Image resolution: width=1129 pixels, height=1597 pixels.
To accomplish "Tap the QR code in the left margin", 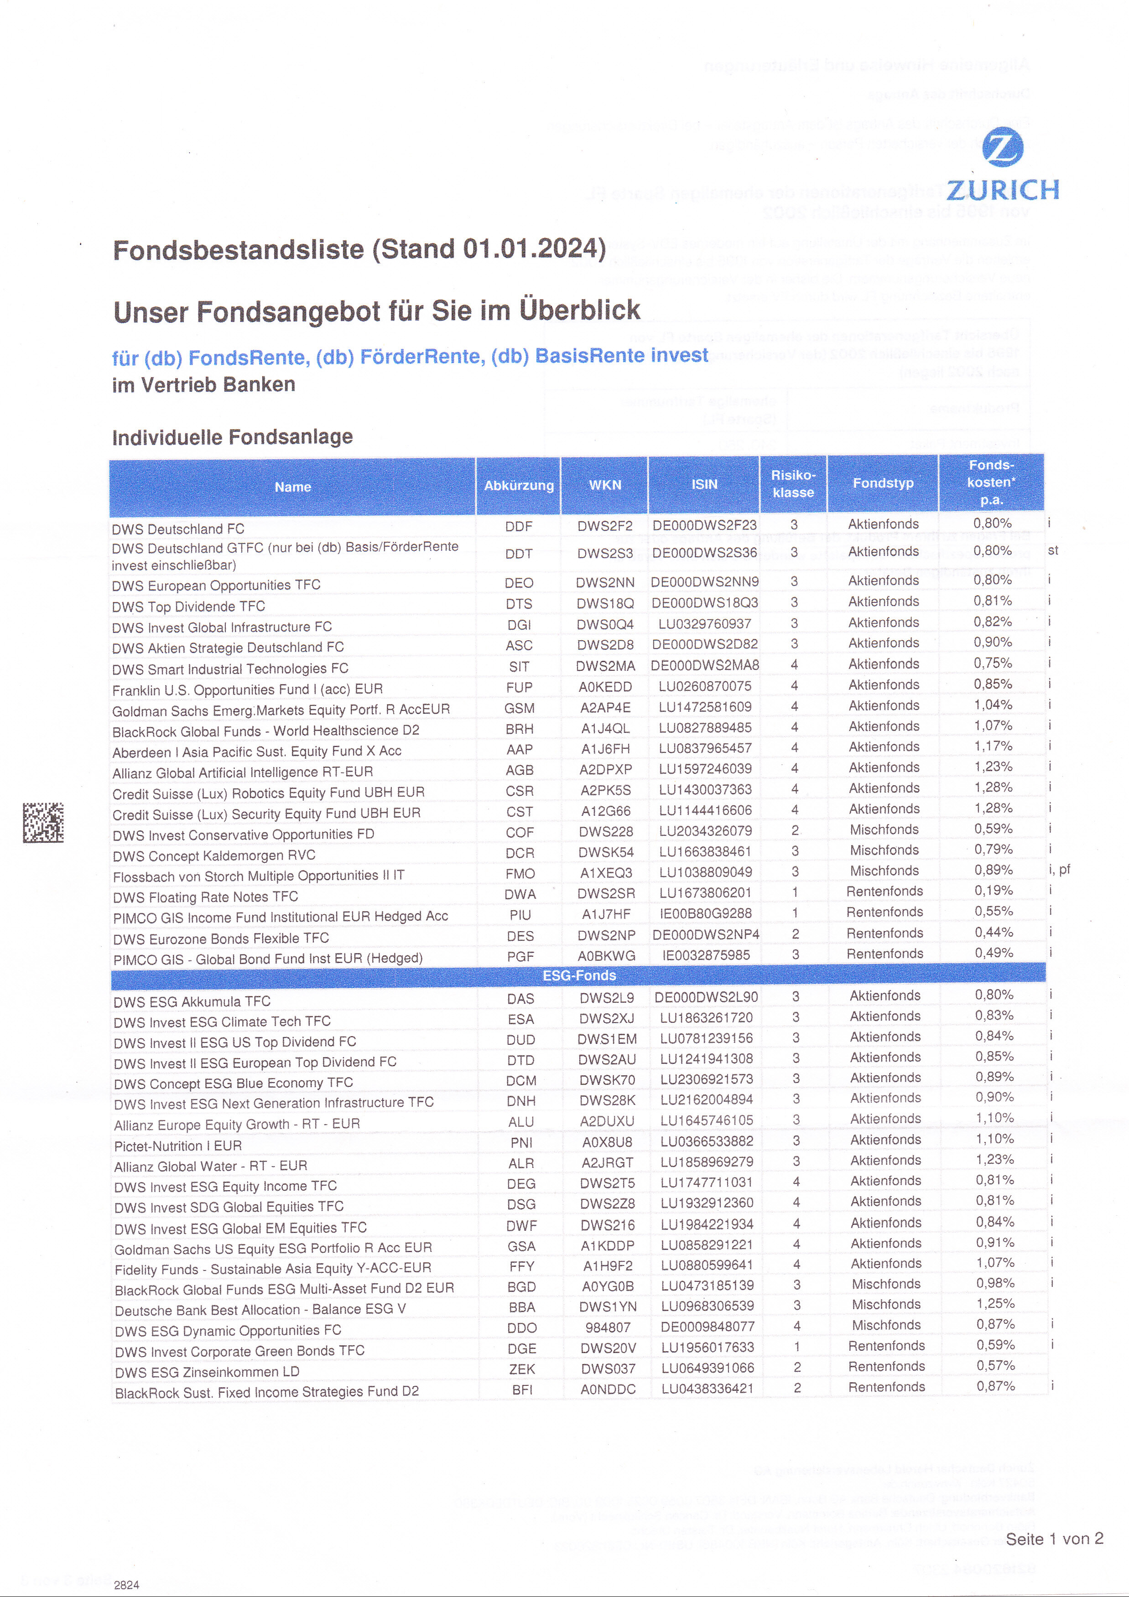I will [x=43, y=822].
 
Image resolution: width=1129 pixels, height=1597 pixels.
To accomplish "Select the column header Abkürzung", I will [x=519, y=486].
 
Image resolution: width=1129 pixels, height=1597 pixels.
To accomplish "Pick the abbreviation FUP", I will [x=519, y=687].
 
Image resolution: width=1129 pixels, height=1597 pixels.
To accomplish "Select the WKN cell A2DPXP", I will [x=606, y=769].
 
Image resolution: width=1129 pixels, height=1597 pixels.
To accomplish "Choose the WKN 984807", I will [x=608, y=1327].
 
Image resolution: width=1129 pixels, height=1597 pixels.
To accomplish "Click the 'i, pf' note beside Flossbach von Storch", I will [x=1059, y=870].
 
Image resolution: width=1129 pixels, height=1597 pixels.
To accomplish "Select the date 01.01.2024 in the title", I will [x=534, y=249].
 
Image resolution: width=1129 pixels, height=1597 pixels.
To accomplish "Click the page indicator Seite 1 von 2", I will [x=1054, y=1539].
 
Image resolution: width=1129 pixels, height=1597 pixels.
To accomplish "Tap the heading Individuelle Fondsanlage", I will [x=232, y=437].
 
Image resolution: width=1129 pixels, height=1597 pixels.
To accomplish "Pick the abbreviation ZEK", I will [x=522, y=1369].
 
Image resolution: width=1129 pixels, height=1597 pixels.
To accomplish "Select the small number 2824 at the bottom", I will [x=127, y=1585].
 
